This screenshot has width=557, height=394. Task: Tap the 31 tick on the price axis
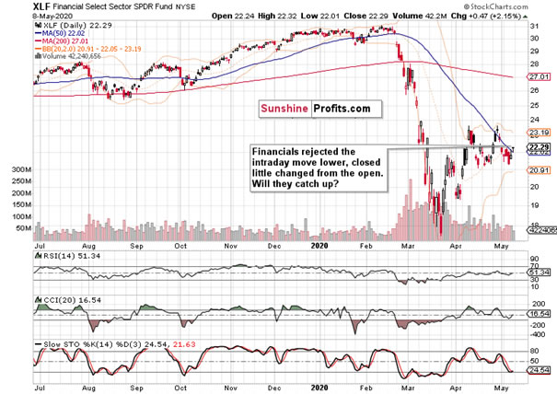pos(531,29)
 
